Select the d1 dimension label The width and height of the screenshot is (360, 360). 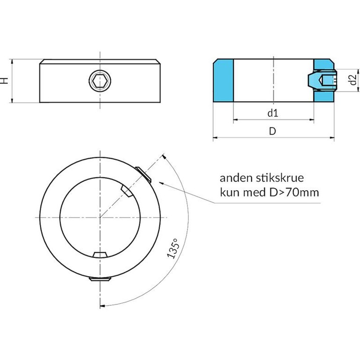273,113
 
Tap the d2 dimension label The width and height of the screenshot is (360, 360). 353,80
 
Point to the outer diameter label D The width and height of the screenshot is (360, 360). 272,131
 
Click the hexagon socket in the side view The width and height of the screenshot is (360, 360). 100,81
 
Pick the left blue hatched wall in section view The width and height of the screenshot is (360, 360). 224,81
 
